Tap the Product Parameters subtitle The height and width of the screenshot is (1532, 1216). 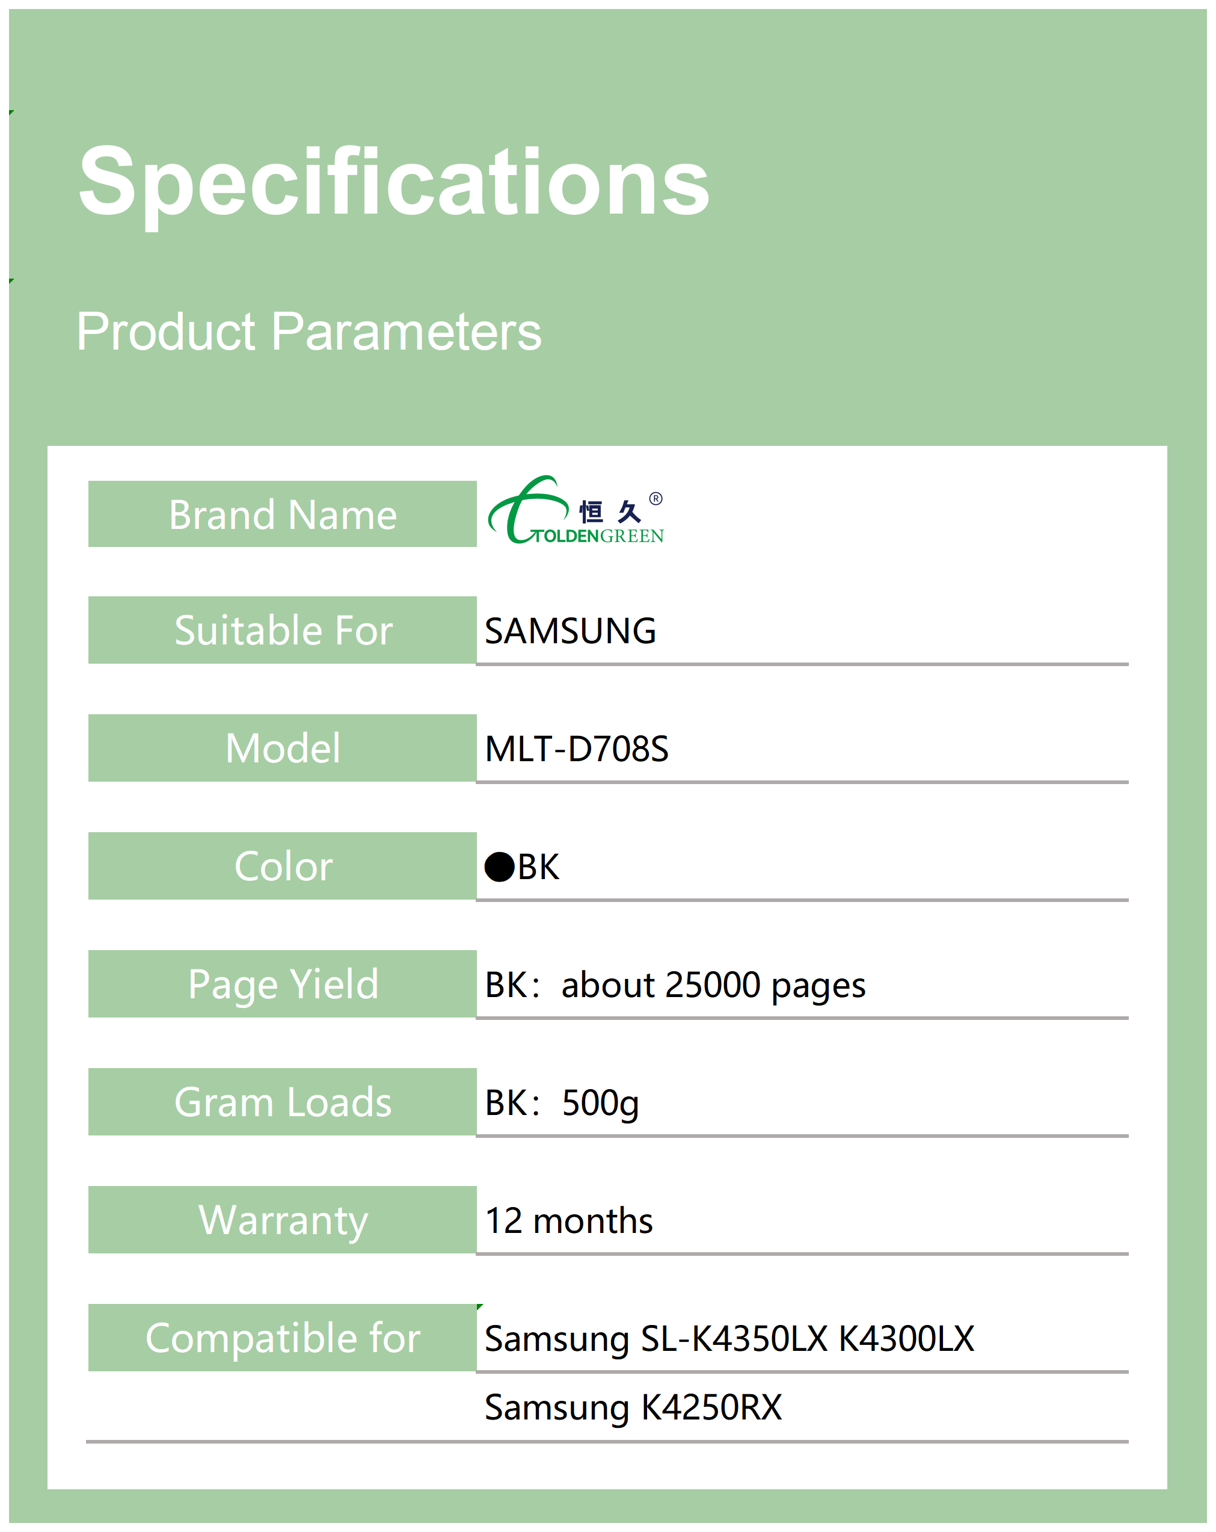309,332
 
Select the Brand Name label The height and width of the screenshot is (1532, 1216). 283,514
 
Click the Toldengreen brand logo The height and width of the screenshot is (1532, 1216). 576,510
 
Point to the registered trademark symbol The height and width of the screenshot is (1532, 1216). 656,498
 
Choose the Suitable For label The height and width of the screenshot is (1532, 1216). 283,630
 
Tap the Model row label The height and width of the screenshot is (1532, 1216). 283,748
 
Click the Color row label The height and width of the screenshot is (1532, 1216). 283,866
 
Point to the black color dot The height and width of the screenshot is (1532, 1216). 499,867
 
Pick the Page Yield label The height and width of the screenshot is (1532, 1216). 283,985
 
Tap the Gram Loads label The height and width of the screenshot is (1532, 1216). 283,1102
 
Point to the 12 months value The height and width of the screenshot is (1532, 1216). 568,1221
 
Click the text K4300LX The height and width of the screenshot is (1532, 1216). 906,1339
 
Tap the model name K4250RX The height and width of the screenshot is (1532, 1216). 711,1407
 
